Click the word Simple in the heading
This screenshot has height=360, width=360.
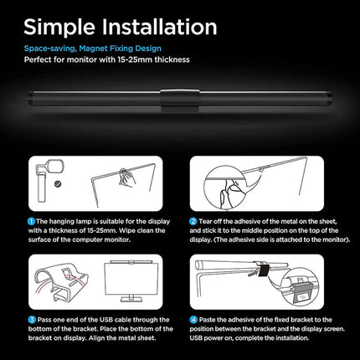point(59,28)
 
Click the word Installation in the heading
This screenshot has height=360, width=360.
point(159,27)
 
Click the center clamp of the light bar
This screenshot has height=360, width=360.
point(180,100)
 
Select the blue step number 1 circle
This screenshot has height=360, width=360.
point(31,221)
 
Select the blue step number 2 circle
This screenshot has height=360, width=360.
point(193,221)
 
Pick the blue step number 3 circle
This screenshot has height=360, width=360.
point(32,320)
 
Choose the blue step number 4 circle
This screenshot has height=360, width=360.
point(193,320)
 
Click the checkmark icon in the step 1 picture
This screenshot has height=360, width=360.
point(58,184)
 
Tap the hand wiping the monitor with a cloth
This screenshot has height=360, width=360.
point(126,177)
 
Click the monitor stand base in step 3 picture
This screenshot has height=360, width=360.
point(131,299)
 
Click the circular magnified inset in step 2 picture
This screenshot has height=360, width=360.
point(225,188)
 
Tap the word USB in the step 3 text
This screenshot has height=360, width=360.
point(106,320)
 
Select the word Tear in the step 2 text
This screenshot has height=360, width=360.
point(205,222)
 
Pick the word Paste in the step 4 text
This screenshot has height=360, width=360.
point(207,320)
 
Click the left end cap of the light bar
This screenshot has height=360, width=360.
point(30,99)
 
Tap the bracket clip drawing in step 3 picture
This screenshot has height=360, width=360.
point(61,282)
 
